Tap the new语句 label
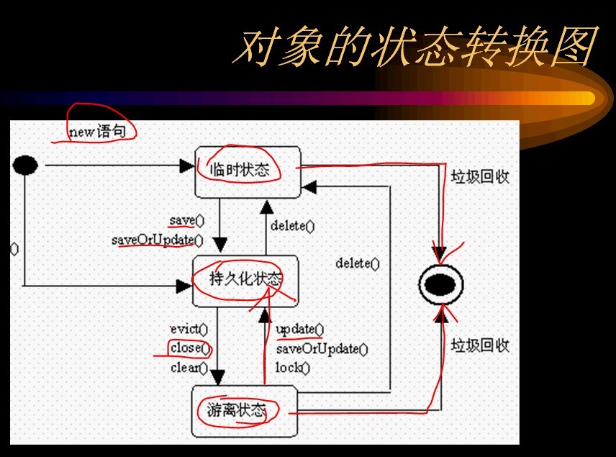tap(101, 132)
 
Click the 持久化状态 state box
tap(245, 280)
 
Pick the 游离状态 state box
tap(244, 411)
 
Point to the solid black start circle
tap(25, 166)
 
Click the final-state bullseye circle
tap(440, 286)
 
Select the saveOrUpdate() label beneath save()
tap(157, 240)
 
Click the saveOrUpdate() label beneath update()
tap(322, 349)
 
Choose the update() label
tap(299, 330)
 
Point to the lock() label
tap(292, 368)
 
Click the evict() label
tap(189, 330)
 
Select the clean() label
tap(189, 368)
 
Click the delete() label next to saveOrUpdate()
tap(292, 226)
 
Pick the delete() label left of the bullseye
tap(357, 263)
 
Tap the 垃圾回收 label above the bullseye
tap(480, 176)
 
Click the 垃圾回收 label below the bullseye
tap(480, 345)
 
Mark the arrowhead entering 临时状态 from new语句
tap(189, 166)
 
